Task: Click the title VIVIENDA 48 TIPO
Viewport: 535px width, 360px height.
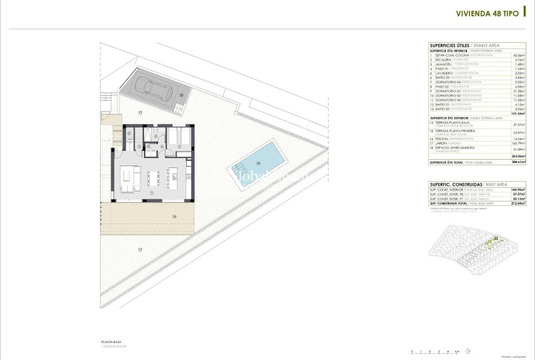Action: (x=487, y=12)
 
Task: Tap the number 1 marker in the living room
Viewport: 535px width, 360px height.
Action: (x=152, y=193)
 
